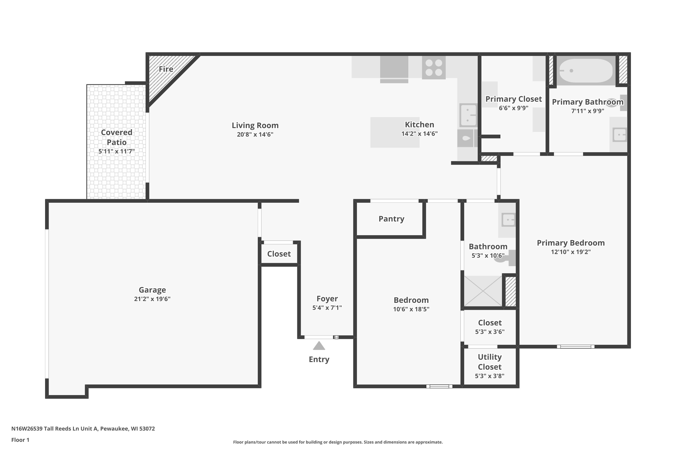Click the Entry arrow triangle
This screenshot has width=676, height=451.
coord(319,346)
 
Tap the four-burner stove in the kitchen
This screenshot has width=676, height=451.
coord(434,68)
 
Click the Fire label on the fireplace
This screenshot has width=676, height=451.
coord(166,69)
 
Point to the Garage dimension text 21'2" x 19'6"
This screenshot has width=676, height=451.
coord(152,299)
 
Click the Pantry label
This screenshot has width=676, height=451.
coord(391,219)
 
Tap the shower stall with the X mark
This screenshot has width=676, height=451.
coord(483,291)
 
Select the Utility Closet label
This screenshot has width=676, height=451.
coord(490,362)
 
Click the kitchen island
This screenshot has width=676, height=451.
coord(395,132)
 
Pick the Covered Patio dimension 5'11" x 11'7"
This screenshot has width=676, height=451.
coord(117,151)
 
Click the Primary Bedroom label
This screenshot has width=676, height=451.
coord(571,243)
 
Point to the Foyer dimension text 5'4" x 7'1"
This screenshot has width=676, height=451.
coord(327,308)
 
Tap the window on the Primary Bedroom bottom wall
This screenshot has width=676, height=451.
coord(576,347)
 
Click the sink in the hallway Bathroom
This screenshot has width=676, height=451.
coord(508,220)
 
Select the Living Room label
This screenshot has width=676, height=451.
coord(255,125)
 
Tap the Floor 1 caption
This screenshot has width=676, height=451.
coord(21,440)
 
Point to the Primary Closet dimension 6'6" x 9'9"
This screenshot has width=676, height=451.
coord(514,108)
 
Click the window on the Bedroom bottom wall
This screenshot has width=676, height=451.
coord(439,386)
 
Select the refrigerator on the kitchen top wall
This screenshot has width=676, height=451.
coord(394,69)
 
